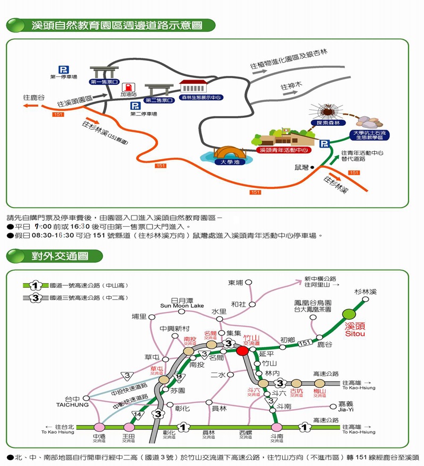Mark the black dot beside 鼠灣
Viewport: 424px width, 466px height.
tap(313, 167)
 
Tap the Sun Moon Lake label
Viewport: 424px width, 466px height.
tap(182, 306)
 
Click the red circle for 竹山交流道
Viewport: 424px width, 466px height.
tap(242, 350)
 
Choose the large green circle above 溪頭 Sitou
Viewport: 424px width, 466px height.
tap(350, 315)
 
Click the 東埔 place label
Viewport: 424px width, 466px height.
tap(236, 282)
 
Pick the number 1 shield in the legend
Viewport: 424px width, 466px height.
tap(36, 286)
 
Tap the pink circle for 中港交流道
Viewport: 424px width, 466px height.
tap(99, 427)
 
